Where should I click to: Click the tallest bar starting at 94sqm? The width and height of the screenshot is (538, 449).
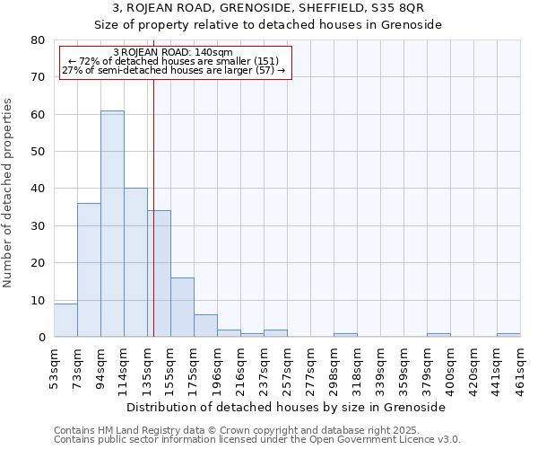112,224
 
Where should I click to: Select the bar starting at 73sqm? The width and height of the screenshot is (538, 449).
89,269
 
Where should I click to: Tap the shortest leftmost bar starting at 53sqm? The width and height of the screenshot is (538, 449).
65,321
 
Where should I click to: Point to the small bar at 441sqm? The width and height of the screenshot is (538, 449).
508,335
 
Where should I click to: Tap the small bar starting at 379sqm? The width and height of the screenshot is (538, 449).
438,335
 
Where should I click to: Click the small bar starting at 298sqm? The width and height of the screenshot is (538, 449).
345,335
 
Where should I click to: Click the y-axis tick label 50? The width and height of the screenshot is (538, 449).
38,152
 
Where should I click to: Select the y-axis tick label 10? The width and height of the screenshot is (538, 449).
38,300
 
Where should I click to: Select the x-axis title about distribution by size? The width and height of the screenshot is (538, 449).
287,407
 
